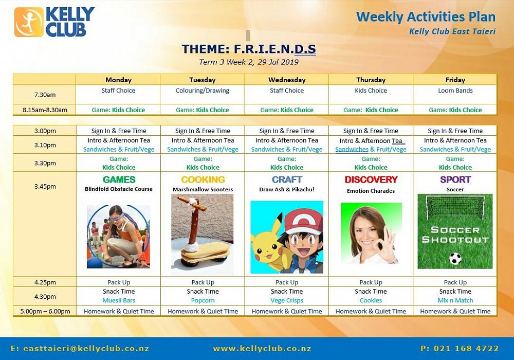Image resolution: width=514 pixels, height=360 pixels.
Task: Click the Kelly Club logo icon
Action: coord(29,22)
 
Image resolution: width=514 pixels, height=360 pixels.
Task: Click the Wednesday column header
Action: coord(287,80)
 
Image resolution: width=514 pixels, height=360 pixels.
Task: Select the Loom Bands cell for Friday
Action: coord(455,91)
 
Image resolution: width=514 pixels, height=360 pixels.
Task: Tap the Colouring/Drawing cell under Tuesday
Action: coord(202,91)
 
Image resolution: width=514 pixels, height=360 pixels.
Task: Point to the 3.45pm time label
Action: coord(45,186)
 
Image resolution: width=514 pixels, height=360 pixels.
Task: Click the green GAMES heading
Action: coord(119,179)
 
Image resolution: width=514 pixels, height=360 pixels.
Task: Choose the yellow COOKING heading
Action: coord(203,179)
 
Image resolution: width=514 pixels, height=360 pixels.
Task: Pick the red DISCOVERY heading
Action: coord(371,179)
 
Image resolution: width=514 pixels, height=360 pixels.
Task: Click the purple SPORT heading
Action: coord(455,179)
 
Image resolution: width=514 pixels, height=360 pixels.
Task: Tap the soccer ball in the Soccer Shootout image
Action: coord(455,258)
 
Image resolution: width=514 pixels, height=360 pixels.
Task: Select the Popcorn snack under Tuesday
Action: coord(203,300)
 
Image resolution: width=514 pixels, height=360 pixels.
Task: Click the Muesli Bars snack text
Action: coord(119,300)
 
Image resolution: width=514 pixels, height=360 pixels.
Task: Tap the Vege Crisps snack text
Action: coord(287,300)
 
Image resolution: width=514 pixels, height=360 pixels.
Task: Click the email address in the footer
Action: coord(80,349)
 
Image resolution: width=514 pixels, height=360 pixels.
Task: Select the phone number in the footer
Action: coord(460,349)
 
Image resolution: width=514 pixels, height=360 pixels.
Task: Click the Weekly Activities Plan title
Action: coord(426,17)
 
